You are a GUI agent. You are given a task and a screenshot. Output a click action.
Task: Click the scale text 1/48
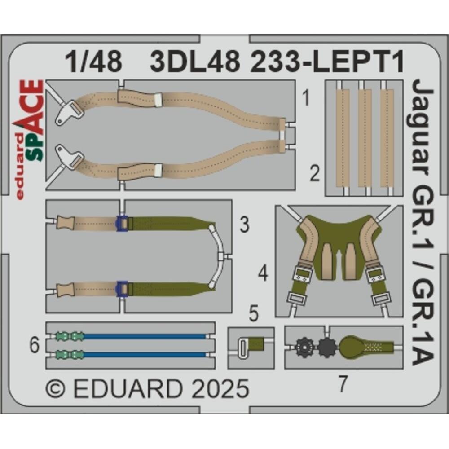tap(93, 62)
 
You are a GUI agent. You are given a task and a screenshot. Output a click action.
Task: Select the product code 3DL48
tap(194, 62)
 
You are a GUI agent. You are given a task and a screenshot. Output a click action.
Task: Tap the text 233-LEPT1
tap(328, 62)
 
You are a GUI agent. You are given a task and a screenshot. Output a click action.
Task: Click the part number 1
tap(306, 98)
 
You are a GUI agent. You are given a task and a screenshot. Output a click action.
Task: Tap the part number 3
tap(244, 225)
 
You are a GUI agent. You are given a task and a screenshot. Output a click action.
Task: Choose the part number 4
tap(263, 273)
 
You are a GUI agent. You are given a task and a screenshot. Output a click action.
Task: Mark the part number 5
tap(254, 315)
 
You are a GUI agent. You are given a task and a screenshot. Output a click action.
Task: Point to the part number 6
tap(35, 346)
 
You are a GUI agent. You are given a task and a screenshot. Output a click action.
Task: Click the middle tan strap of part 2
tap(365, 137)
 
